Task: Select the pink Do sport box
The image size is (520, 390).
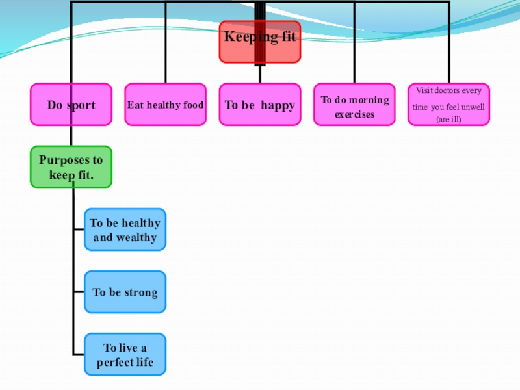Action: click(71, 105)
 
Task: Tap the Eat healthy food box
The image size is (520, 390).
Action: click(165, 105)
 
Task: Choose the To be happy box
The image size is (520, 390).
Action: click(259, 105)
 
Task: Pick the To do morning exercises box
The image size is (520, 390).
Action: click(354, 105)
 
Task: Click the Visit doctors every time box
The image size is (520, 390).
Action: click(448, 105)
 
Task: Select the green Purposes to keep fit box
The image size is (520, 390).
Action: click(71, 167)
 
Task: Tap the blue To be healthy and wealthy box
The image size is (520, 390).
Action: click(125, 229)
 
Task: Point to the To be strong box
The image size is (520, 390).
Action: click(125, 292)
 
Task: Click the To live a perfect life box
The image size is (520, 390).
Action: click(125, 354)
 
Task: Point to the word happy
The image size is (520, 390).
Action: click(278, 105)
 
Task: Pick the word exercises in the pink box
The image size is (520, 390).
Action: click(354, 115)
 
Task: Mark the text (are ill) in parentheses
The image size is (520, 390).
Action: click(448, 120)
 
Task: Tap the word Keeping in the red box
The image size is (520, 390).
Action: click(242, 37)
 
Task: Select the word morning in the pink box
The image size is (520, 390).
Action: click(369, 100)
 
